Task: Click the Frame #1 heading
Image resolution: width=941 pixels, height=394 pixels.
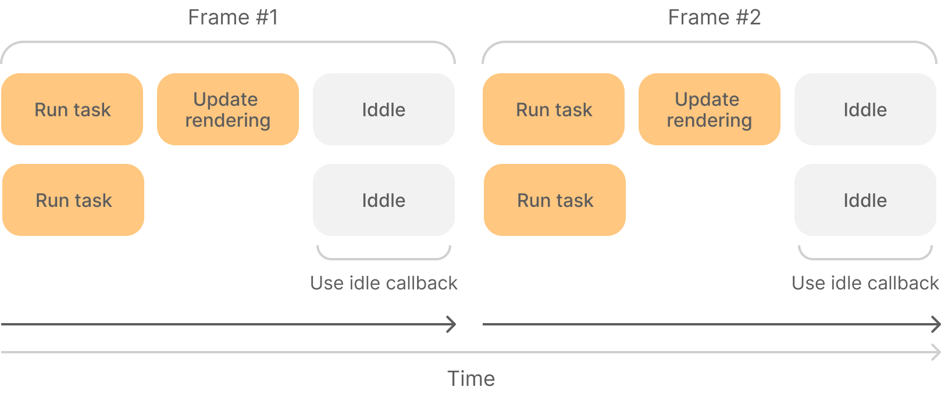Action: point(233,17)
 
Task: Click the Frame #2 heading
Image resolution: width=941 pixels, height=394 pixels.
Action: point(714,17)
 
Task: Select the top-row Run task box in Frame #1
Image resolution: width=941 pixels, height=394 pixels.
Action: point(72,109)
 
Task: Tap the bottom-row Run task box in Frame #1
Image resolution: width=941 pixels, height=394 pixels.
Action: point(73,200)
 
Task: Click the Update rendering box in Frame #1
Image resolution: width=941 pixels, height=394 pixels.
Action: point(228,109)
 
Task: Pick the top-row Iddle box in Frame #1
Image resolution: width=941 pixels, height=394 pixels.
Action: point(384,109)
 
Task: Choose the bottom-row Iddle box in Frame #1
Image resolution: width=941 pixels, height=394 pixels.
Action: point(384,200)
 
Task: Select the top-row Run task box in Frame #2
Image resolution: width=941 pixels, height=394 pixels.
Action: point(554,109)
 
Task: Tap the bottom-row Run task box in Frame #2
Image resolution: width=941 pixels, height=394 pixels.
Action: point(555,200)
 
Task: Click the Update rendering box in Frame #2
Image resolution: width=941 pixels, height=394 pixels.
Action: point(710,109)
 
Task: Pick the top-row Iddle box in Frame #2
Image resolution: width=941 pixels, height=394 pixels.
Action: point(865,109)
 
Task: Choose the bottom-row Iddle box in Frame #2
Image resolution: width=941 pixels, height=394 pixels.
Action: point(865,200)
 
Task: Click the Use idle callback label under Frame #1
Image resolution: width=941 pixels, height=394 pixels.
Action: point(384,283)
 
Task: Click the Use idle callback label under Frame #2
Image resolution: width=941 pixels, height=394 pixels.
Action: point(865,283)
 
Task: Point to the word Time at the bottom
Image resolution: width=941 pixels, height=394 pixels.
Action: point(471,379)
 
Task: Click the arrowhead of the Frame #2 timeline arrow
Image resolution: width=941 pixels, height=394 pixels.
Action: point(935,324)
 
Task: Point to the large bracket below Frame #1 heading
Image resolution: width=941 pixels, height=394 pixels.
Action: point(228,42)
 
